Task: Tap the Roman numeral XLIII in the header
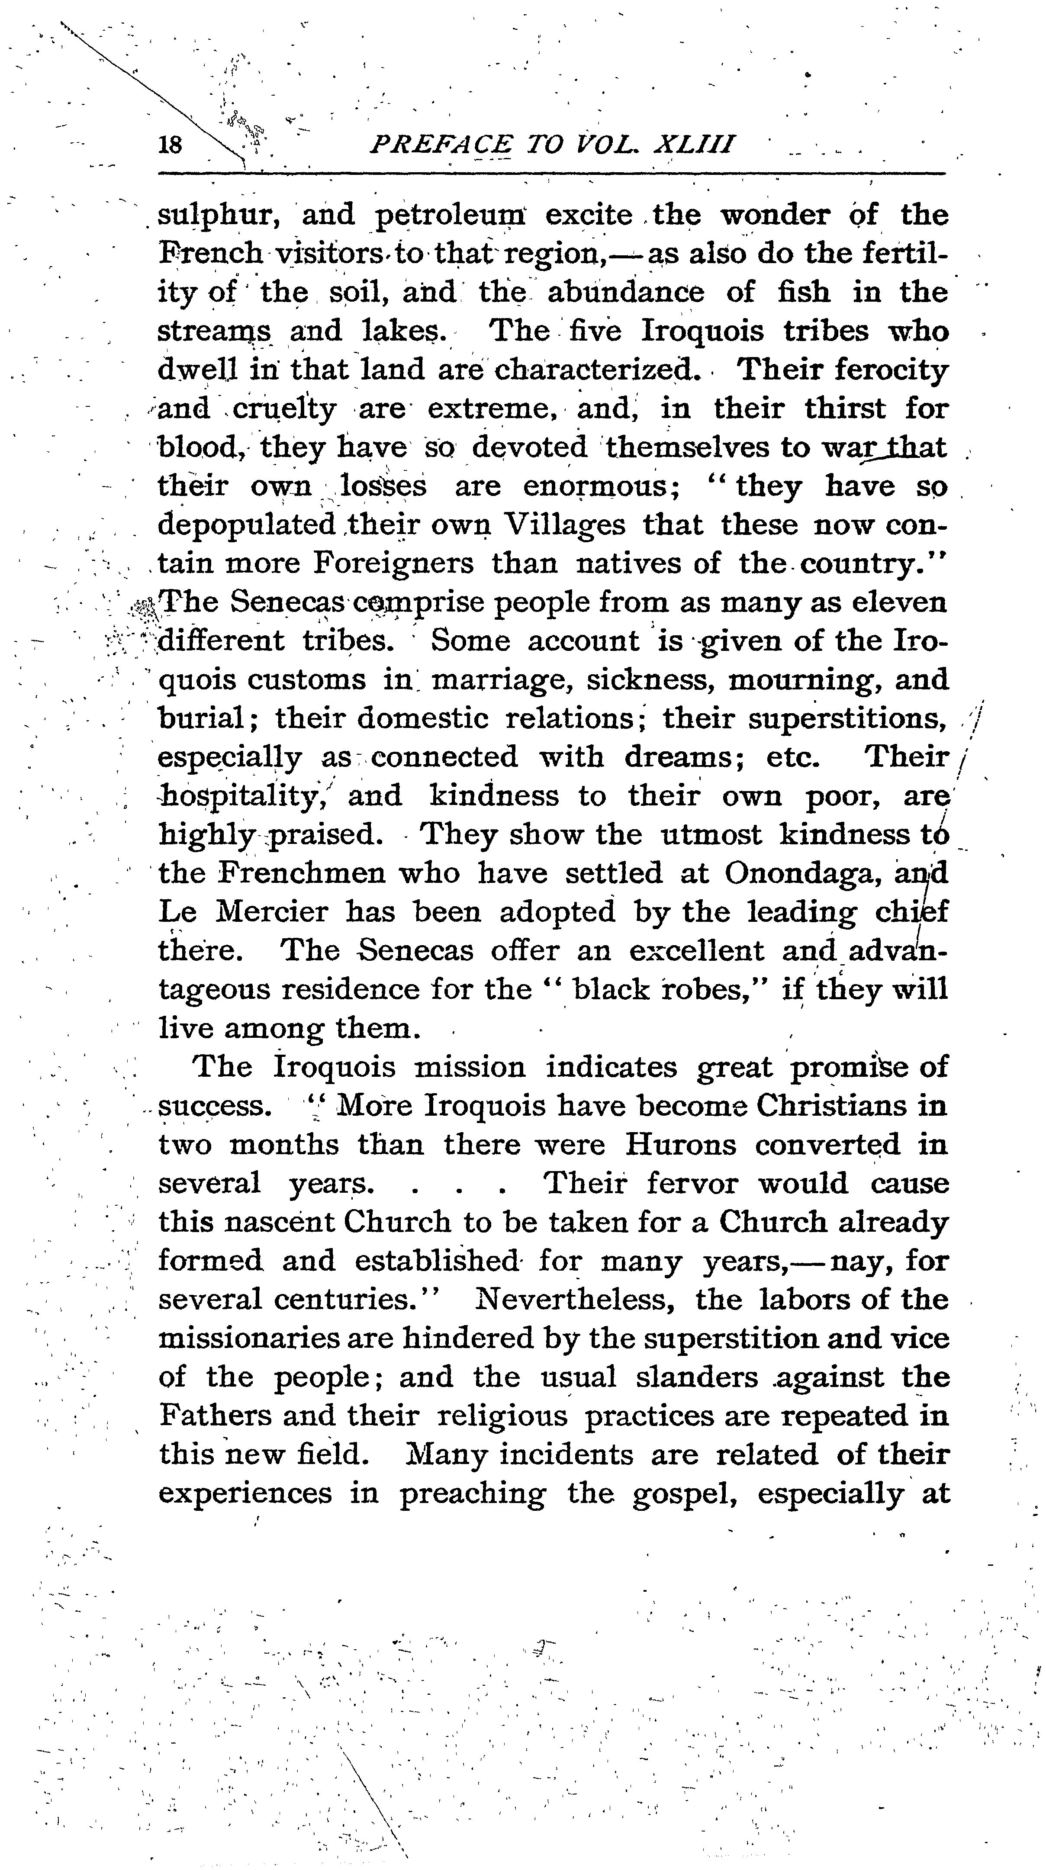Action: [x=693, y=145]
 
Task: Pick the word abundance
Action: [x=625, y=293]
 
